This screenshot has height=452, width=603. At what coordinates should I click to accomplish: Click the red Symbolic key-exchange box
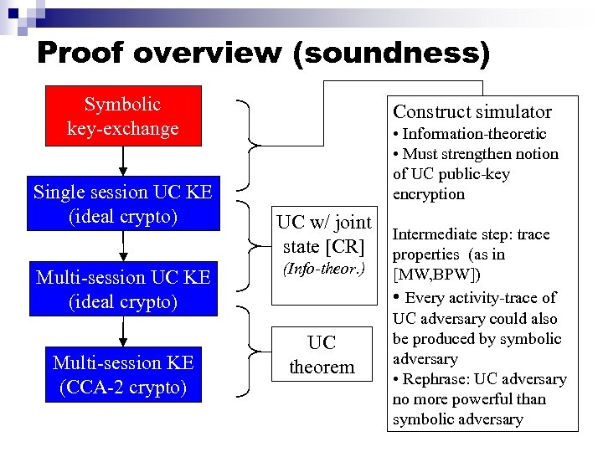click(x=123, y=116)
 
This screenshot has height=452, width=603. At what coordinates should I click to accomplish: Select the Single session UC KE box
click(x=123, y=203)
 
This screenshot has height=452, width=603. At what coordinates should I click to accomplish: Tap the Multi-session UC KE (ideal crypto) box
click(x=123, y=289)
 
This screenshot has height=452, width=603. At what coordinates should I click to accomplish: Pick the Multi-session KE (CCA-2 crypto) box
click(x=123, y=375)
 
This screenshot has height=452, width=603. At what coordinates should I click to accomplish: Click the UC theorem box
click(x=322, y=355)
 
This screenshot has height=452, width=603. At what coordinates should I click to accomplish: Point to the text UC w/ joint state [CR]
click(x=324, y=234)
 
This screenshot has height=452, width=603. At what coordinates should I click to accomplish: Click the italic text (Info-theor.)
click(x=323, y=269)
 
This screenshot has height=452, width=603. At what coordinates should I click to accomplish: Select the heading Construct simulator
click(x=472, y=111)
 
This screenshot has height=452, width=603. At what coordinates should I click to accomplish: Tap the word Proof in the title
click(x=78, y=53)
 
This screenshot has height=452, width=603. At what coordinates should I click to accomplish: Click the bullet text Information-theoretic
click(x=474, y=134)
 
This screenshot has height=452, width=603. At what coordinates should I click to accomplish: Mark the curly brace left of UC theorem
click(x=249, y=350)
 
